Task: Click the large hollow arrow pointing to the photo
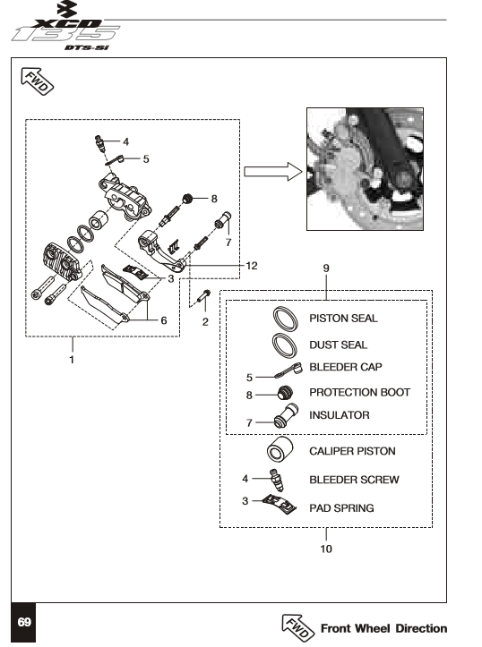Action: [x=272, y=172]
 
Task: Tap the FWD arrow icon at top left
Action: [x=37, y=81]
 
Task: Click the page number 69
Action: [x=24, y=622]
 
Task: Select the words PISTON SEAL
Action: [x=343, y=319]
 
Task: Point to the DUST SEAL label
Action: [x=338, y=345]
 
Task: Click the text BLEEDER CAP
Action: [x=345, y=367]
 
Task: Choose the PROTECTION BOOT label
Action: [x=359, y=392]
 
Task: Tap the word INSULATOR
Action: [x=339, y=414]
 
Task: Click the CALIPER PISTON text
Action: [x=352, y=451]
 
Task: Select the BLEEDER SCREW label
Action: [x=354, y=480]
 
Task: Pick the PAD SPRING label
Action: [x=341, y=508]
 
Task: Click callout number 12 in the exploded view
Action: [x=252, y=266]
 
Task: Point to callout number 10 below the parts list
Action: [x=326, y=549]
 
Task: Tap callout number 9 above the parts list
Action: [x=326, y=268]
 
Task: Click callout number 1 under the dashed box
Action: [x=72, y=360]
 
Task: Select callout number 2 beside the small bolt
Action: [x=205, y=322]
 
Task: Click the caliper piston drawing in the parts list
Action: [x=280, y=449]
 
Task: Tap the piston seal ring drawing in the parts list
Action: [x=285, y=319]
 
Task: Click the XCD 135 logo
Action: [x=66, y=26]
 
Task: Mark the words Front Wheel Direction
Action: [x=383, y=628]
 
